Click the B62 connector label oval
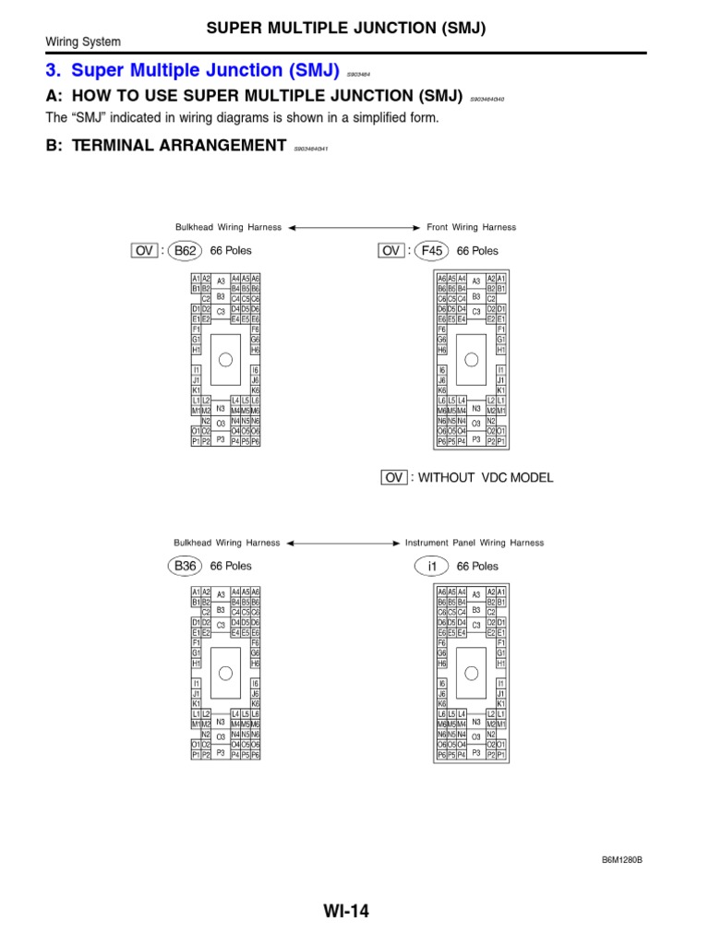[186, 250]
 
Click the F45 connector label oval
[431, 250]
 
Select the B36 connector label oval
[186, 566]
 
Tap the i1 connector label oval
[431, 566]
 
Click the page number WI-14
[346, 912]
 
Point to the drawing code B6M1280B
[621, 859]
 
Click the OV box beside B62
[144, 250]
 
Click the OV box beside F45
[391, 250]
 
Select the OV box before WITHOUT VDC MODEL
[394, 477]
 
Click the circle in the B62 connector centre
[225, 360]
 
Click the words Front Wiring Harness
[471, 227]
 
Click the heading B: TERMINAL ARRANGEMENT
[166, 145]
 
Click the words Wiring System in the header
[83, 42]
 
